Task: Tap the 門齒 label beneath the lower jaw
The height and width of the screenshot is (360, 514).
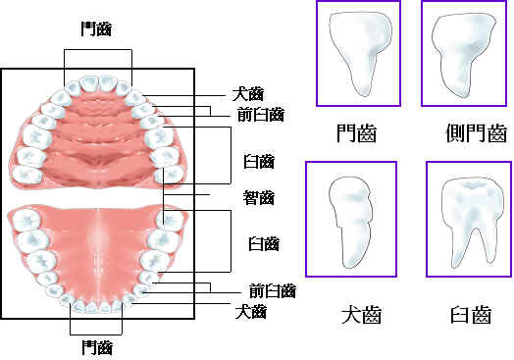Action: pyautogui.click(x=96, y=347)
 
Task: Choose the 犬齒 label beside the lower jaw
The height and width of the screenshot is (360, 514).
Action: pyautogui.click(x=251, y=312)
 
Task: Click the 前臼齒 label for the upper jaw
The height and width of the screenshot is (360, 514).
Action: pyautogui.click(x=259, y=114)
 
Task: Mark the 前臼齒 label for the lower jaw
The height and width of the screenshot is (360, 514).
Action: pyautogui.click(x=272, y=291)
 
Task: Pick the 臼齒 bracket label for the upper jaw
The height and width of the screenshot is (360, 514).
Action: pyautogui.click(x=259, y=161)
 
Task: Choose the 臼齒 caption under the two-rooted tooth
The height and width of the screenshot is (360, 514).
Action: pyautogui.click(x=468, y=316)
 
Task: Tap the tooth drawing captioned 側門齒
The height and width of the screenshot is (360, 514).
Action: pyautogui.click(x=462, y=50)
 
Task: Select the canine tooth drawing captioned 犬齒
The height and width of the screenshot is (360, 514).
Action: pyautogui.click(x=350, y=221)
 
